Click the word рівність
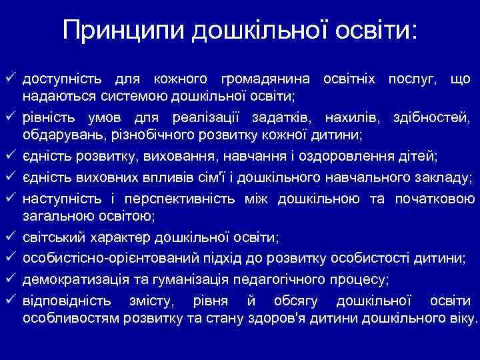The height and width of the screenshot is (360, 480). (x=51, y=119)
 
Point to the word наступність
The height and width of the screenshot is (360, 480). (x=61, y=198)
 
